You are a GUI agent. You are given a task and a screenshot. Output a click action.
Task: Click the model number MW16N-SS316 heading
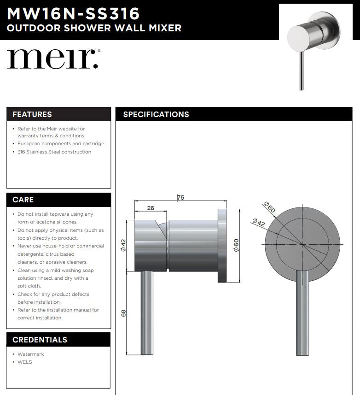click(x=73, y=12)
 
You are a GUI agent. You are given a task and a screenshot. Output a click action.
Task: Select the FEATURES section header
click(x=32, y=114)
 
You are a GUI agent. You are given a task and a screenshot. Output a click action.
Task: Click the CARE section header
click(x=23, y=200)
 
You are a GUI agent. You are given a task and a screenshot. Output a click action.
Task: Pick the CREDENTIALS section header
click(x=40, y=340)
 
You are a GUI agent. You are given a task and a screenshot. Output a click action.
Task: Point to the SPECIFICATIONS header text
click(x=156, y=114)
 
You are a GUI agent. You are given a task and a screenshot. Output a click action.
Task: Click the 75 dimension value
click(x=180, y=198)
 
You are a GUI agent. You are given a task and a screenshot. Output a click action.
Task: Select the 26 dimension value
click(x=151, y=208)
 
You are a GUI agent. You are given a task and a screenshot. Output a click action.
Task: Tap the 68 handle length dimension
click(x=123, y=313)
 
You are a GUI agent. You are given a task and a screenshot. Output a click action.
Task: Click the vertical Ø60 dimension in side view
click(x=236, y=245)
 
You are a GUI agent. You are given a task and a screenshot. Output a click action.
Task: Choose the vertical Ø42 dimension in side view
click(x=123, y=245)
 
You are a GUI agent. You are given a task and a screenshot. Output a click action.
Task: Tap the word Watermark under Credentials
click(x=31, y=354)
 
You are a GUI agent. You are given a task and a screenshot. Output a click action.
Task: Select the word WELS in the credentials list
click(x=25, y=362)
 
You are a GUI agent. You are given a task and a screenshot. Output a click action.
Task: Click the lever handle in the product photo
click(x=301, y=69)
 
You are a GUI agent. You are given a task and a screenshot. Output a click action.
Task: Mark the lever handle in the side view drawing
click(x=147, y=313)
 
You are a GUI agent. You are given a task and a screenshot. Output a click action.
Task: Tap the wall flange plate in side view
click(x=223, y=245)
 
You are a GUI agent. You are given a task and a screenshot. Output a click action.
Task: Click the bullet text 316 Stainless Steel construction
click(x=54, y=152)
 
